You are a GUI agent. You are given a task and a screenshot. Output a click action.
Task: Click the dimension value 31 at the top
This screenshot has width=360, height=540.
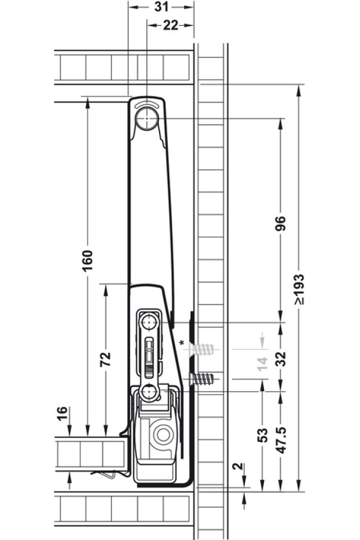(160, 7)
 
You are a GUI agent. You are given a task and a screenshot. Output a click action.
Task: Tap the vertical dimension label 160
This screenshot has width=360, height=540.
(88, 260)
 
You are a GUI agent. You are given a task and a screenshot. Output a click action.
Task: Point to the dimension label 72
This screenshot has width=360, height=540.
(105, 359)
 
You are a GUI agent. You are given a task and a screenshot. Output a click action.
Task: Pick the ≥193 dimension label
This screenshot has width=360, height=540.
(299, 289)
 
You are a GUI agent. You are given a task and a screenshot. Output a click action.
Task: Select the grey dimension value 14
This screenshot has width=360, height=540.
(262, 363)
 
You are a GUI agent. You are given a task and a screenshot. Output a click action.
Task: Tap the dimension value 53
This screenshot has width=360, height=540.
(262, 435)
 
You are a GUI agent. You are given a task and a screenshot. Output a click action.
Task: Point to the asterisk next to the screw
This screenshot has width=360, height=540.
(181, 343)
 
